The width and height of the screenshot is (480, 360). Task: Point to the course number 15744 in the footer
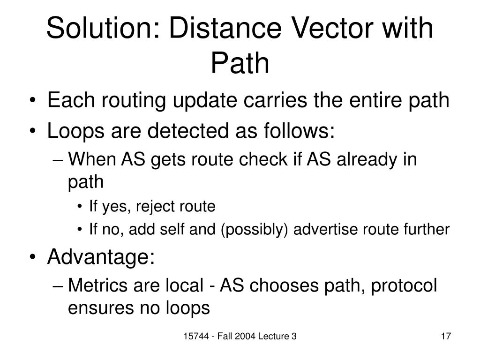coord(196,336)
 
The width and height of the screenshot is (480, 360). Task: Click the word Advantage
coord(100,257)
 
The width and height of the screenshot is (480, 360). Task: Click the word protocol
coord(404,285)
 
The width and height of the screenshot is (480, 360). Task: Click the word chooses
coord(281,285)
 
